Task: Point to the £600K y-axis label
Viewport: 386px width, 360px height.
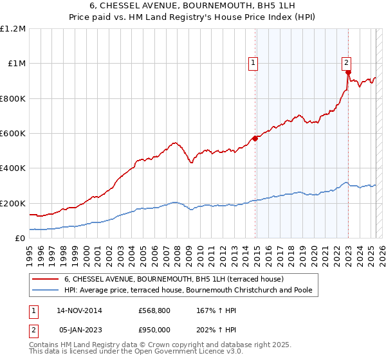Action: click(x=13, y=134)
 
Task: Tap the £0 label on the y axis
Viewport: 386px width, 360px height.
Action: click(x=21, y=238)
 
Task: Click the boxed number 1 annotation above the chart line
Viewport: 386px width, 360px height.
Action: click(x=253, y=63)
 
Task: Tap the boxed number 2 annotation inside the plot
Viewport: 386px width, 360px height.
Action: click(x=346, y=62)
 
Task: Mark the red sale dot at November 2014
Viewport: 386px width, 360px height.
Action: click(x=255, y=138)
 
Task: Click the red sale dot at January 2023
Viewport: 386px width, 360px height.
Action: click(x=348, y=72)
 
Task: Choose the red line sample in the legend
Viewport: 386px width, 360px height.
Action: click(x=46, y=280)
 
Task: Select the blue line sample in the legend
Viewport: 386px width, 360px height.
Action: click(x=46, y=291)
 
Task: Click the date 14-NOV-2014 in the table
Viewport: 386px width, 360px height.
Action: click(x=79, y=310)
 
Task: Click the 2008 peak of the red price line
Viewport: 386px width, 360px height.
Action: click(x=174, y=142)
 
